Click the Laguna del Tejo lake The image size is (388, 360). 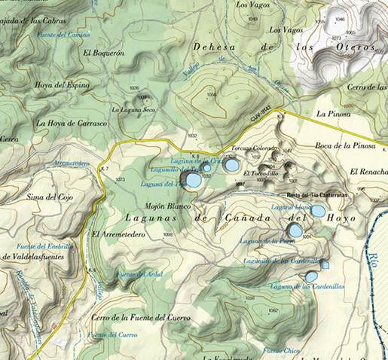point(194,180)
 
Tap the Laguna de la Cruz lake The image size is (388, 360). point(233,165)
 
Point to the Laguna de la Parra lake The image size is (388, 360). point(295,230)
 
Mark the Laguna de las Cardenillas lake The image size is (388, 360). point(310,276)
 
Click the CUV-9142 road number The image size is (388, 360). point(261,118)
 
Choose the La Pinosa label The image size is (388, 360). point(334,114)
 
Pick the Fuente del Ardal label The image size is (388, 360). point(139,273)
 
